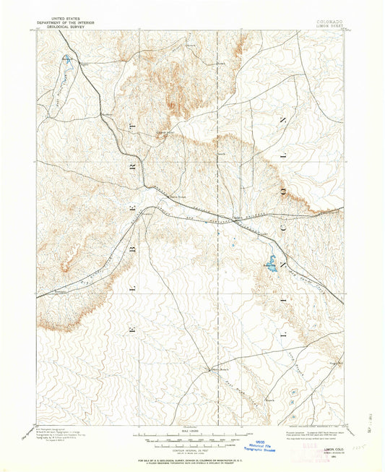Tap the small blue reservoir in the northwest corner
click(x=68, y=60)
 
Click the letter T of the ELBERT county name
click(x=132, y=126)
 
